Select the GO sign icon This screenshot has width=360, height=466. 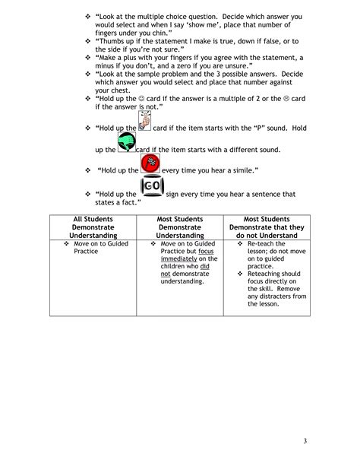(153, 189)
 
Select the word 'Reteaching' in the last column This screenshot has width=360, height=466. (265, 274)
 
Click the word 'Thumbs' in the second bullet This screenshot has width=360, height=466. (115, 42)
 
